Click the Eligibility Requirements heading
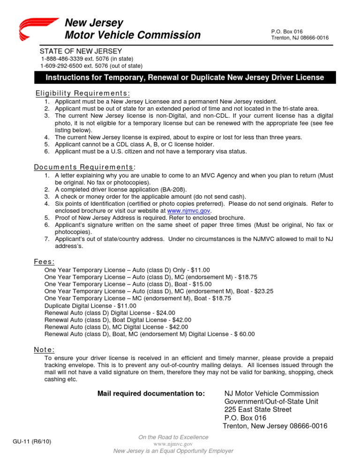[x=83, y=93]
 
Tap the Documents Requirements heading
[x=85, y=167]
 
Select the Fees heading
[x=45, y=262]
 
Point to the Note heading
[x=44, y=349]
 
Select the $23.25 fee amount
[x=263, y=291]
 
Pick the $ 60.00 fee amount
[x=242, y=334]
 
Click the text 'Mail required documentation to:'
[x=150, y=393]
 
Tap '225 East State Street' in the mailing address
[x=258, y=409]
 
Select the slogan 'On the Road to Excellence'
[x=173, y=437]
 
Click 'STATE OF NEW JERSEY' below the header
[x=81, y=51]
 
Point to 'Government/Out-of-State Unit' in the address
[x=271, y=401]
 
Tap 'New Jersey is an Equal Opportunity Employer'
[x=173, y=451]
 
